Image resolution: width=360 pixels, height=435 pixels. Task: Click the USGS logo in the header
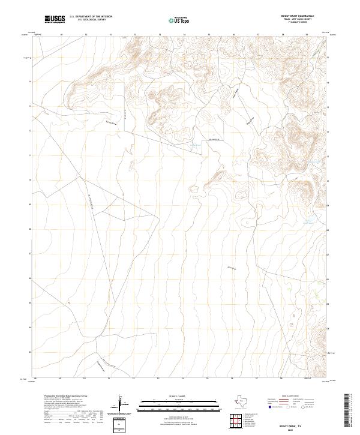coord(55,20)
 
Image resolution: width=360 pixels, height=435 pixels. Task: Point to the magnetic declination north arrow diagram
coord(121,404)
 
